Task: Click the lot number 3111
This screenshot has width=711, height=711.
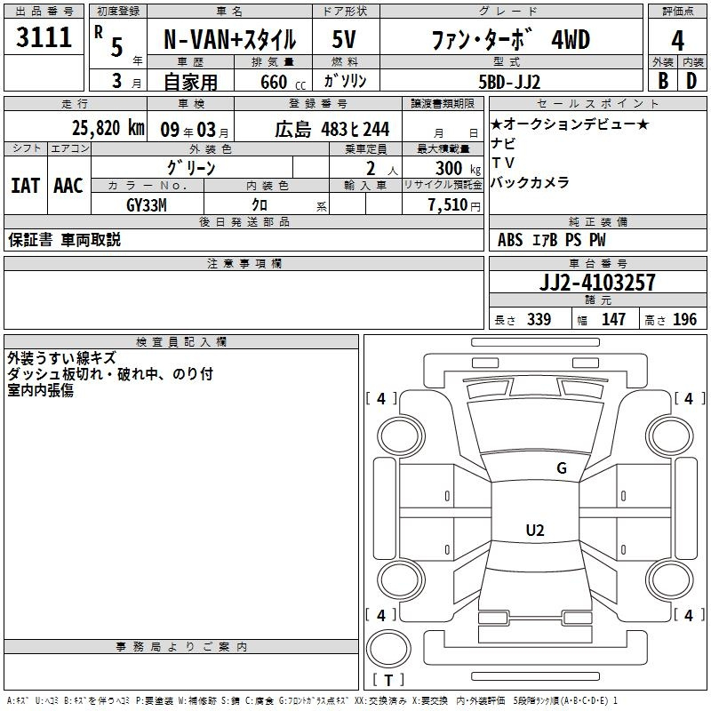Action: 44,38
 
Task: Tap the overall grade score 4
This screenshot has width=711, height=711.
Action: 677,40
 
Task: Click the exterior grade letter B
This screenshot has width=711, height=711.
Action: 662,81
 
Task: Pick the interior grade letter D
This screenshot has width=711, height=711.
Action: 691,81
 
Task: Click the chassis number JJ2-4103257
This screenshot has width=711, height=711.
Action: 598,283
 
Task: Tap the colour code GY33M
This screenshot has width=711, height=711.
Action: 147,205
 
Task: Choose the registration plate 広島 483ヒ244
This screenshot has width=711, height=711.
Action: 332,129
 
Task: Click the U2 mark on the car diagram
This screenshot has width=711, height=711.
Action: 534,530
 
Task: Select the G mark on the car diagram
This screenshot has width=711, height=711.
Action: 561,468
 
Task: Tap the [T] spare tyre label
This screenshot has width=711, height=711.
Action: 387,680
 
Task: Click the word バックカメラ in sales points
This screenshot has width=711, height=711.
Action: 530,183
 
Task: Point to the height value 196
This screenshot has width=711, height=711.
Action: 685,320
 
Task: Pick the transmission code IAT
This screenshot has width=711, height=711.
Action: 25,186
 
